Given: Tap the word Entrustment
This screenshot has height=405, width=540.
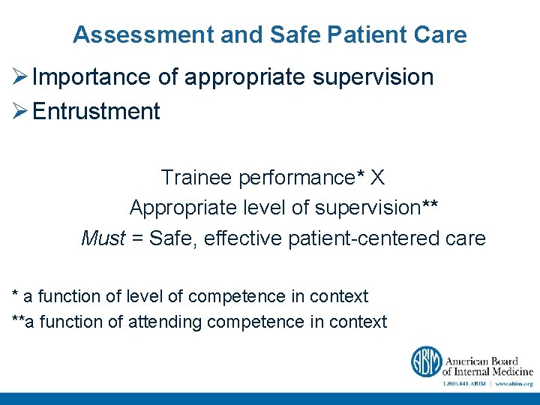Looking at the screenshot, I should click(x=97, y=112).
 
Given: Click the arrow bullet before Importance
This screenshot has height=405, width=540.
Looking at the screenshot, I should click(x=20, y=77).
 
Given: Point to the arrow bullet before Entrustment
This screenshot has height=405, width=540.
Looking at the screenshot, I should click(x=20, y=112).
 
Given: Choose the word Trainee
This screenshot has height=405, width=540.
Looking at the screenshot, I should click(x=196, y=178).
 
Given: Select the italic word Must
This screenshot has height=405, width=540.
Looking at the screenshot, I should click(x=103, y=239).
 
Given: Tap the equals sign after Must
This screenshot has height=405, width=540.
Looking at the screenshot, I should click(x=137, y=239).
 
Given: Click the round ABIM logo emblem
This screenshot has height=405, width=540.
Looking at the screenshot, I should click(x=425, y=361).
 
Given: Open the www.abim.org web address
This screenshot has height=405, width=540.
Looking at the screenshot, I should click(x=514, y=383).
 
